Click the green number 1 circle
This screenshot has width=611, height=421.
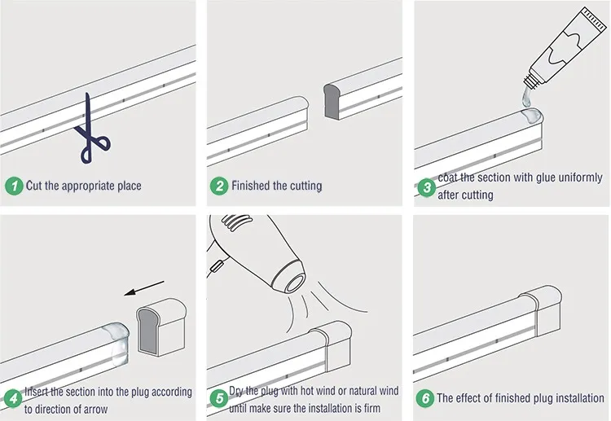click(x=14, y=186)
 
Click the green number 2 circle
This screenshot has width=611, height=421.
click(x=219, y=186)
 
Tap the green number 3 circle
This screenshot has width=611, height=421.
click(x=426, y=188)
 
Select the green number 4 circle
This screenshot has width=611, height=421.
click(x=14, y=398)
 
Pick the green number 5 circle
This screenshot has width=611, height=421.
click(x=219, y=398)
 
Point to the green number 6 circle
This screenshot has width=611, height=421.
click(x=425, y=398)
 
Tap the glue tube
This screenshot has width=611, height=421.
click(x=566, y=46)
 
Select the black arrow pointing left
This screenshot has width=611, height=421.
click(x=144, y=287)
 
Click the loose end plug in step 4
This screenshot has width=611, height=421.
click(x=161, y=327)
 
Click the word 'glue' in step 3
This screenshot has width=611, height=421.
click(x=546, y=178)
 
